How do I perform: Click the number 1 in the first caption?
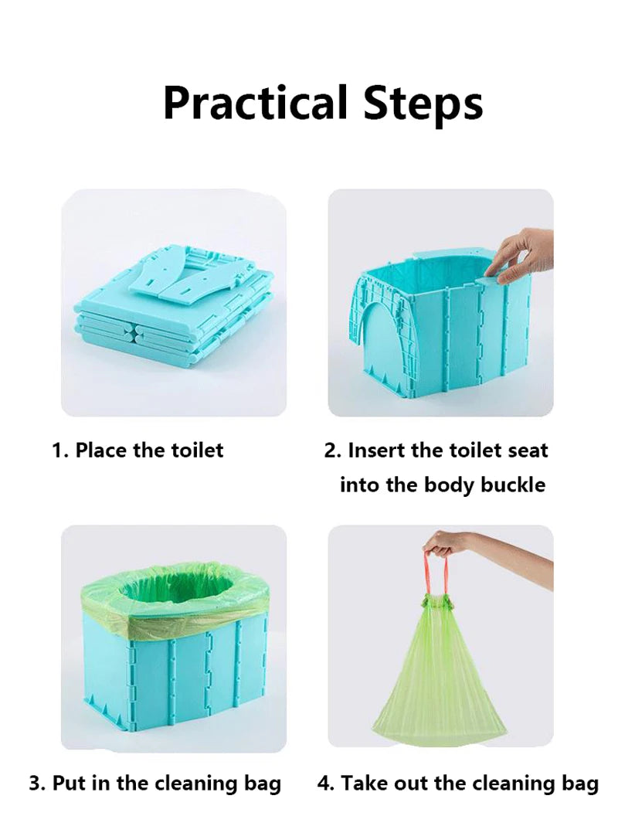click(57, 450)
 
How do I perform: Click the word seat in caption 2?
click(527, 450)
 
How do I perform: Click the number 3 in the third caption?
click(36, 783)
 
